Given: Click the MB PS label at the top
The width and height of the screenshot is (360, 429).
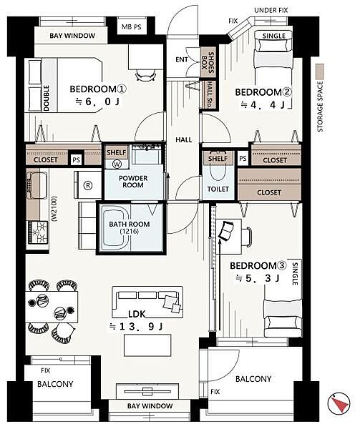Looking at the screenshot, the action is [132, 27].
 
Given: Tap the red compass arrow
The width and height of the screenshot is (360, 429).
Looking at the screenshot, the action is [340, 405].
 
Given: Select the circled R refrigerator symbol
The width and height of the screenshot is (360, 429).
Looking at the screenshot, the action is [87, 185].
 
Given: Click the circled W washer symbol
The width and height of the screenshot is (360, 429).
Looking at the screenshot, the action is [117, 164].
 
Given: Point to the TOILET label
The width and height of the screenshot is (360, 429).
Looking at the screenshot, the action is [218, 189].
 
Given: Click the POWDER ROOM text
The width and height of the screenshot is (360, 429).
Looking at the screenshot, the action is [133, 182].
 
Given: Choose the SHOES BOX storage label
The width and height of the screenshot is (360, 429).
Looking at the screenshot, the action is [208, 64].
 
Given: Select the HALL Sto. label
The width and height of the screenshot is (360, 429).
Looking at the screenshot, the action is [210, 94].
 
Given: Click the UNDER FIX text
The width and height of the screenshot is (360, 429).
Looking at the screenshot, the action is [271, 11].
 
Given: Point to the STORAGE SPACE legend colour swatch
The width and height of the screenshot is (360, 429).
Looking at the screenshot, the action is [319, 72].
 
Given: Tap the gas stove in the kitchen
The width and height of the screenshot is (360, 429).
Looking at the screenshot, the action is [37, 232].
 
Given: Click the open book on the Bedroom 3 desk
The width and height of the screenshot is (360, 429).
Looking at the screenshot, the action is [227, 232].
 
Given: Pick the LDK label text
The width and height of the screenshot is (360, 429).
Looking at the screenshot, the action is [137, 315].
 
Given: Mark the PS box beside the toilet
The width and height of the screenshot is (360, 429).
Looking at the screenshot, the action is [243, 159].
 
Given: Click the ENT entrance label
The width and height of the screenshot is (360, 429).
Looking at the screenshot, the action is [182, 59].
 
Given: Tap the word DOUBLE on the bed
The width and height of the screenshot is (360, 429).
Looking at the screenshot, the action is [46, 98].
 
